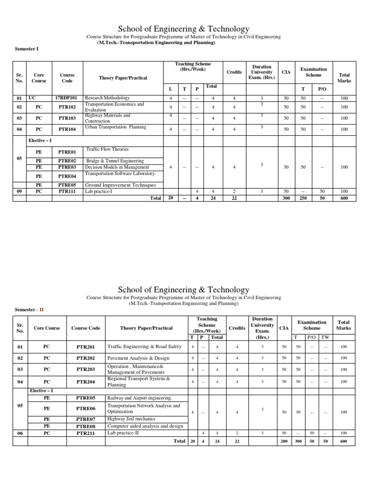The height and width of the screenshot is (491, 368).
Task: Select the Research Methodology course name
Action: coord(107,98)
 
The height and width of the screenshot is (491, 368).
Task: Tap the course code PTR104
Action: coord(67,129)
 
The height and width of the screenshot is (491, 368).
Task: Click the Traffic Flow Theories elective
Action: coord(107,150)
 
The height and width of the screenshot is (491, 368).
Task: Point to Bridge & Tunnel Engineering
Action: coord(115,161)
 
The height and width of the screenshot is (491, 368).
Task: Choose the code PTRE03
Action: coord(67,167)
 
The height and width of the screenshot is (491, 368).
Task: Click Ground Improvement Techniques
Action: coord(120,185)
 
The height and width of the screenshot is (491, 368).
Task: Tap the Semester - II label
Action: coord(29,310)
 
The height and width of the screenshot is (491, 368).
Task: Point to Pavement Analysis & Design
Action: coord(138,358)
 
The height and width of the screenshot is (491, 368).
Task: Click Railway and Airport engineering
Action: coord(139,398)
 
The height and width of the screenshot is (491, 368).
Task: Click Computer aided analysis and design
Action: coord(145,426)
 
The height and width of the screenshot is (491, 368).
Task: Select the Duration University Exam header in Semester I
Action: coord(261,72)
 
